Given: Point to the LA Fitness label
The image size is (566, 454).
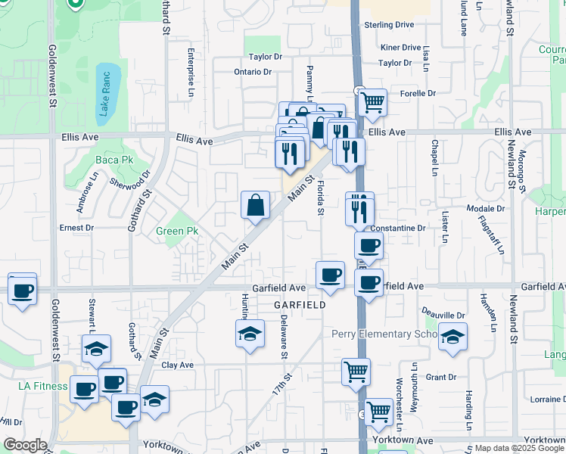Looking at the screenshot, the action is (x=43, y=386).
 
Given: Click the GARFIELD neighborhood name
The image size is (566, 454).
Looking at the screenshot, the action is (x=300, y=304).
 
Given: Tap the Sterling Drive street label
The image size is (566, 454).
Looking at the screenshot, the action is (x=389, y=25).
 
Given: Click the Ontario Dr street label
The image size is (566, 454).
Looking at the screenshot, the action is (x=252, y=72).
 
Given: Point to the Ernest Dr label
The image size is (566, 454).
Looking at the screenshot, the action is (x=76, y=227).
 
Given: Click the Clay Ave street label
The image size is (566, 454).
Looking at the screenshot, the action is (x=178, y=365).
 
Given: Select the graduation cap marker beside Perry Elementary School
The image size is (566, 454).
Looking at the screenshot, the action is (x=452, y=337).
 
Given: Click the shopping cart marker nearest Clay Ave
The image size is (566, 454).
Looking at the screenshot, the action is (x=356, y=372).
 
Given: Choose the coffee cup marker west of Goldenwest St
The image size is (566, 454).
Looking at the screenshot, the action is (x=22, y=290).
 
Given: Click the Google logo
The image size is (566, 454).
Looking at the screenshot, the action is (x=26, y=445).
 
